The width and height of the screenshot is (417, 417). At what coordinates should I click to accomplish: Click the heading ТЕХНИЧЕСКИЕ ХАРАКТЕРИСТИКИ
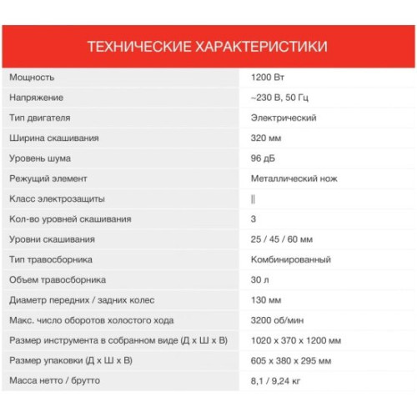[x=207, y=46]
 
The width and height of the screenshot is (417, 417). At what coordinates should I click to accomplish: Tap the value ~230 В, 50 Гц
[x=281, y=98]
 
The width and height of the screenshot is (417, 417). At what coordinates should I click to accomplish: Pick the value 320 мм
[x=265, y=138]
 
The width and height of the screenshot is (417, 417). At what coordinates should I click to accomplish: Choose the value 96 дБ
[x=263, y=158]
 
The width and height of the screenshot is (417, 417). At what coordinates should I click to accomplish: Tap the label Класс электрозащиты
[x=56, y=199]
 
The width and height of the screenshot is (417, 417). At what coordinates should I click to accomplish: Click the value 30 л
[x=259, y=280]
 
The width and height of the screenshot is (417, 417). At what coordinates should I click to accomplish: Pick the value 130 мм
[x=265, y=300]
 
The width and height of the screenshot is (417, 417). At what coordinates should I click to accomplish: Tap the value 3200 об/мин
[x=276, y=320]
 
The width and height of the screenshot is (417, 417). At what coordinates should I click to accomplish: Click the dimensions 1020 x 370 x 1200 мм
[x=296, y=341]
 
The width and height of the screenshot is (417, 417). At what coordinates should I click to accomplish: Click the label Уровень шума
[x=40, y=158]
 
